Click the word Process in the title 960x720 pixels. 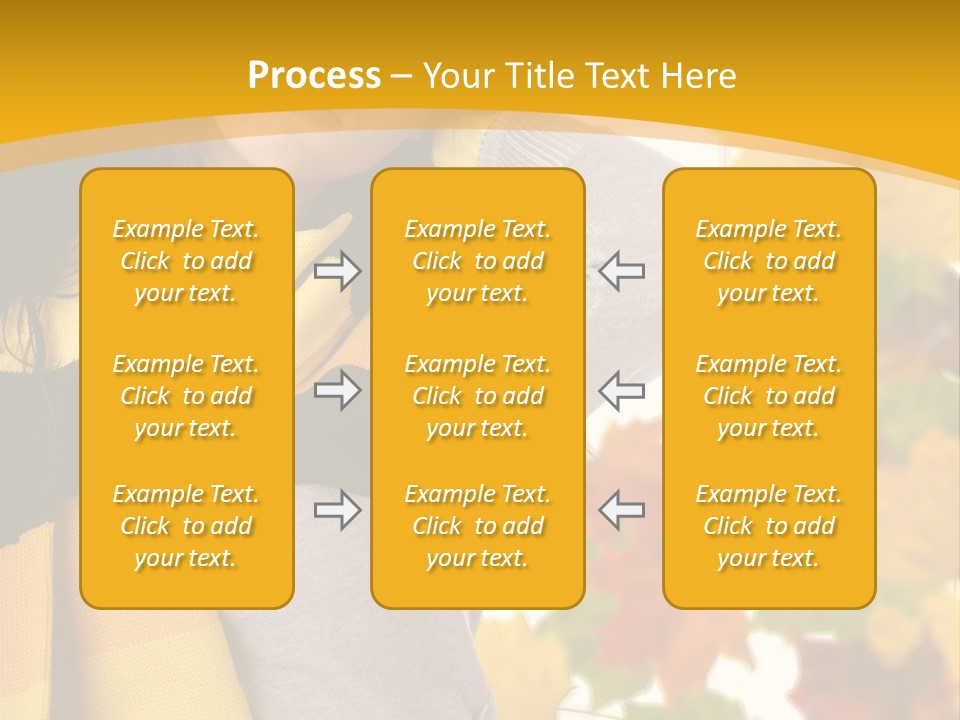[x=314, y=76]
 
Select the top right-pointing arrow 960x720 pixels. [x=338, y=271]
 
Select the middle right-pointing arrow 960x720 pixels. [x=338, y=390]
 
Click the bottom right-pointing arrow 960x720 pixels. [x=338, y=510]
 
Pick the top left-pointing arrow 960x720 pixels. [x=622, y=271]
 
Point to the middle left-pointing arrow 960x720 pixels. [x=622, y=390]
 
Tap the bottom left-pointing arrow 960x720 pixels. [x=622, y=510]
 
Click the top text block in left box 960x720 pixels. [x=186, y=261]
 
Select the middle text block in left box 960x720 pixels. [x=186, y=396]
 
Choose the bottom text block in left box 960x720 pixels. [x=186, y=526]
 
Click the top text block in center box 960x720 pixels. [x=478, y=261]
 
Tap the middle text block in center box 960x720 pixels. [x=478, y=396]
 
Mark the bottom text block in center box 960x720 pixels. [x=478, y=526]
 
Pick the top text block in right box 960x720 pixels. [x=769, y=261]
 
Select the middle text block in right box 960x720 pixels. [x=769, y=396]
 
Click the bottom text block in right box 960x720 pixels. [x=769, y=526]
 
